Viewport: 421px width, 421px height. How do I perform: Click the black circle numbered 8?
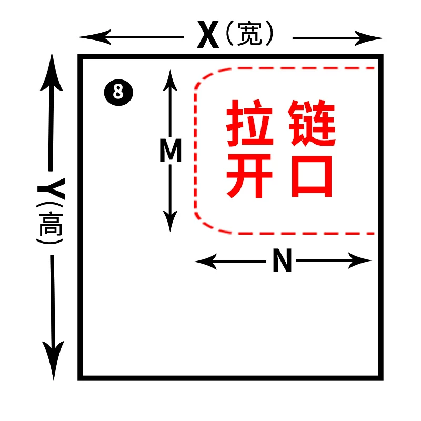118,92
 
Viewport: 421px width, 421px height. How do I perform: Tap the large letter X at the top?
208,35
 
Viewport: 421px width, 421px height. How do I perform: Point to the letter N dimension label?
282,260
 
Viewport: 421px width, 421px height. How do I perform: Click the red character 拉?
250,124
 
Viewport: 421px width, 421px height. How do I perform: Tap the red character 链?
312,124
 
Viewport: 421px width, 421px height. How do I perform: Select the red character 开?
250,176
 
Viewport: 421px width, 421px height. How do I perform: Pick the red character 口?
312,176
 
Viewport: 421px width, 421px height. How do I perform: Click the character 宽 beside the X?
249,34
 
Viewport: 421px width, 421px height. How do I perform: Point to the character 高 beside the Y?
51,224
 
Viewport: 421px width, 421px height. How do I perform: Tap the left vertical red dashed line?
194,153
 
